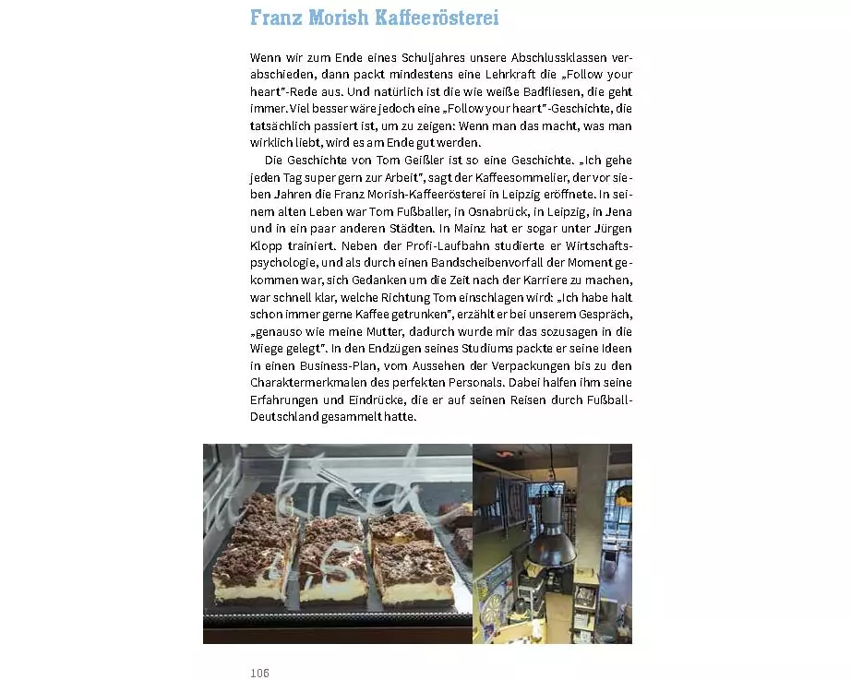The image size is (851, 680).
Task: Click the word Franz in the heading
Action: pos(279,18)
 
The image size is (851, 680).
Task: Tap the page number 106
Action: pos(260,673)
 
